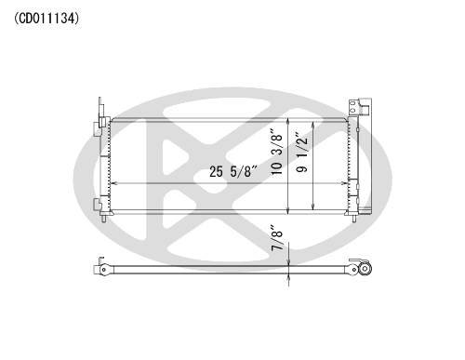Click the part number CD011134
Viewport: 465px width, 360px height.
pos(46,19)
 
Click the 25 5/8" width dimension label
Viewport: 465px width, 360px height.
pos(233,171)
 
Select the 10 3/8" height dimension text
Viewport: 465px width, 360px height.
pos(277,152)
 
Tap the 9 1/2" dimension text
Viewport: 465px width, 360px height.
pos(301,153)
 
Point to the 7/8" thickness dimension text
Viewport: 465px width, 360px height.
pos(277,238)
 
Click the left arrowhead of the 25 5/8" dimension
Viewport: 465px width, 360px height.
pos(113,183)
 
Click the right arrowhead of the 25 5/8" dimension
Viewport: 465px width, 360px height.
pos(345,183)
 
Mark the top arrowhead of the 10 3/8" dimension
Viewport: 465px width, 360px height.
pos(288,121)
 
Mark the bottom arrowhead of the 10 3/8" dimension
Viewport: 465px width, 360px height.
pos(288,211)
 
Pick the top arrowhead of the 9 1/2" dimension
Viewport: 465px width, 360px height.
pos(313,124)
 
